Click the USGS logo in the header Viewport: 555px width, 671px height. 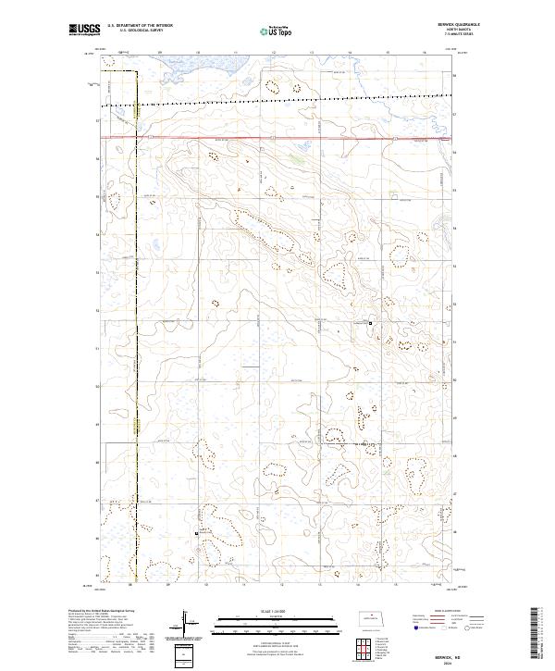pyautogui.click(x=85, y=31)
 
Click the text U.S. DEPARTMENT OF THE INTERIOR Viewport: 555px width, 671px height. pyautogui.click(x=140, y=26)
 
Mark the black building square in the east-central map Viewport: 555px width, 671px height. pyautogui.click(x=371, y=323)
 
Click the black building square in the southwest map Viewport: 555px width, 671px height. pyautogui.click(x=197, y=532)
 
